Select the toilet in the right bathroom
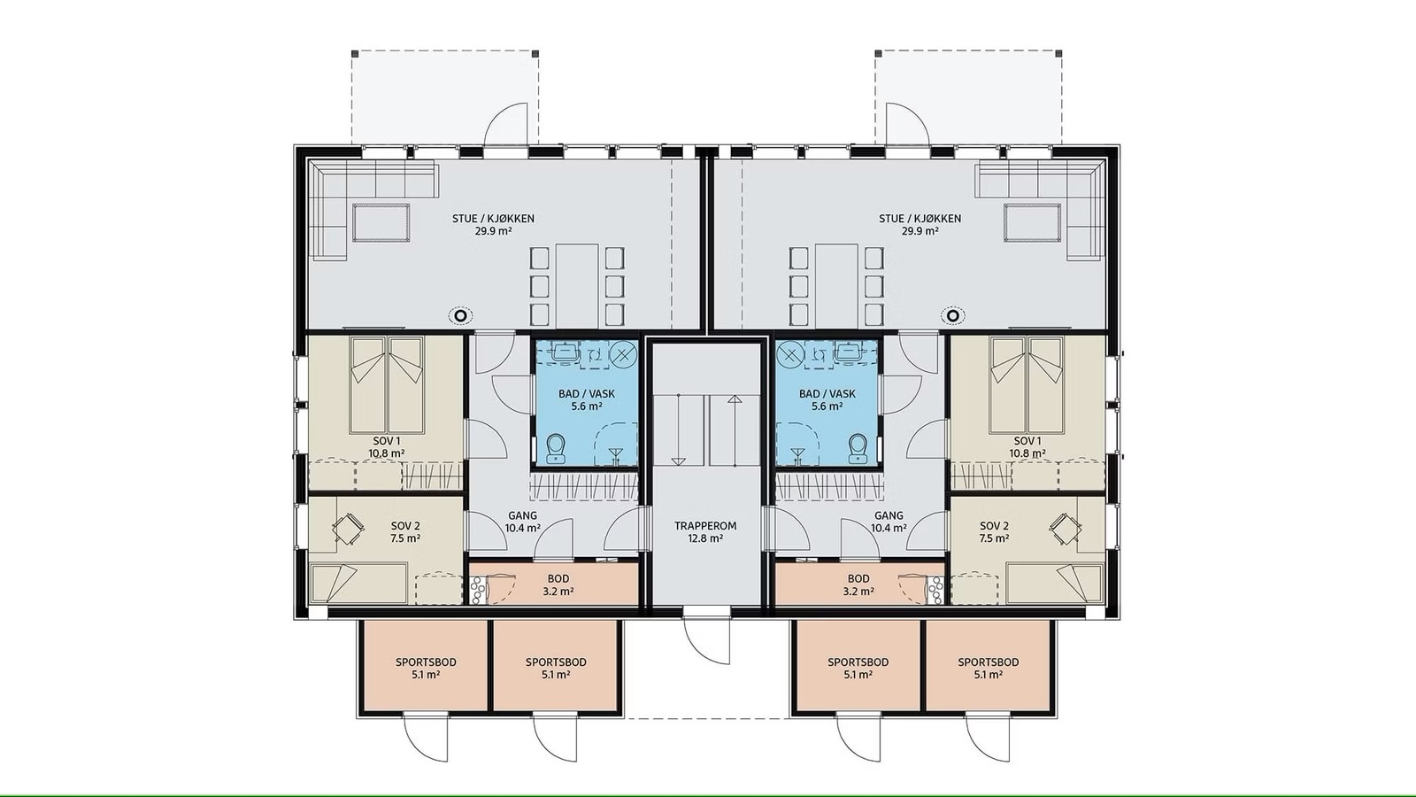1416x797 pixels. pos(858,449)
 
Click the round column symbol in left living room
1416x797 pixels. pos(459,315)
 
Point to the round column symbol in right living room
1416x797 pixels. pos(953,315)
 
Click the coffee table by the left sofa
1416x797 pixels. pos(381,222)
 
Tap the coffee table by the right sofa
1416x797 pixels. pos(1032,222)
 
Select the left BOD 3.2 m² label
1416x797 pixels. pos(558,585)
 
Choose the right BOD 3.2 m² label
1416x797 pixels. pos(858,585)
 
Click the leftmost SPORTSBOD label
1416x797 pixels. pos(426,668)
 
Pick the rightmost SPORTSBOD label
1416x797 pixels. pos(988,668)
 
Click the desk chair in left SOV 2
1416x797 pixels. pos(347,530)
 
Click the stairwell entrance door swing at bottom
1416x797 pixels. pos(708,639)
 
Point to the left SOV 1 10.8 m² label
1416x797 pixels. pos(387,446)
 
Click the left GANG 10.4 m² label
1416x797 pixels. pos(522,522)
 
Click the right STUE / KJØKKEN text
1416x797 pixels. pos(920,219)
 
